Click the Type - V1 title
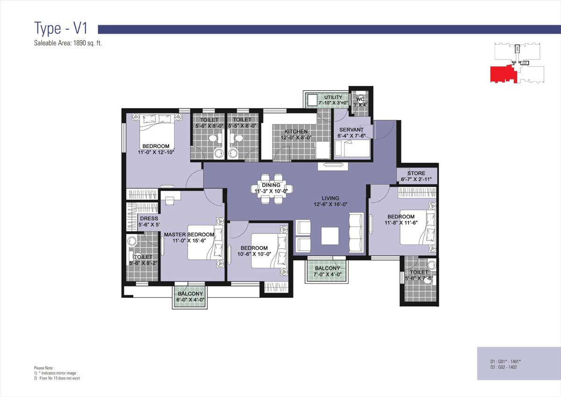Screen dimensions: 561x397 [61, 29]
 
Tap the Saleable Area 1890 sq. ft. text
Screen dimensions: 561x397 [68, 43]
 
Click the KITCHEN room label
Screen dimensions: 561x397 [296, 131]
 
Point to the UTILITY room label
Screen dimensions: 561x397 [333, 97]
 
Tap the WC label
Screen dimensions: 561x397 [360, 99]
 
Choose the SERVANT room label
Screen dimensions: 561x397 [352, 130]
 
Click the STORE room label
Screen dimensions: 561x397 [416, 173]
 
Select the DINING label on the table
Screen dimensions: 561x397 [271, 185]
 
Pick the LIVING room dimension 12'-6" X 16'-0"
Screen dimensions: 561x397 [331, 204]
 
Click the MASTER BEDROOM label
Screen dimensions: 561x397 [189, 234]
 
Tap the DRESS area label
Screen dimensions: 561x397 [149, 219]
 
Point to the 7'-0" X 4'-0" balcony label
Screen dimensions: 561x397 [327, 274]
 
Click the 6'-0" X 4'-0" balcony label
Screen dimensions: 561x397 [190, 300]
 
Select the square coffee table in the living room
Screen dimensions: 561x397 [330, 236]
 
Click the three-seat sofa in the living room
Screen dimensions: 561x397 [356, 233]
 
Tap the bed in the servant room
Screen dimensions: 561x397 [352, 148]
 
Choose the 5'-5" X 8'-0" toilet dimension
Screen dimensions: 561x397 [242, 126]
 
